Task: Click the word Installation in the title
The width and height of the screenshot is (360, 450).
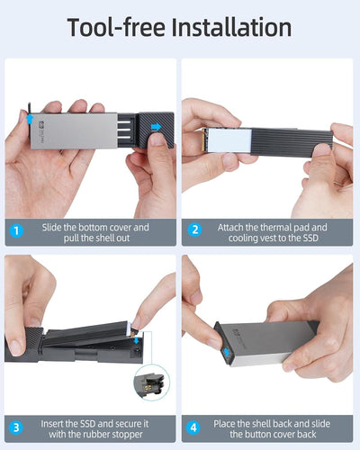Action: [x=231, y=27]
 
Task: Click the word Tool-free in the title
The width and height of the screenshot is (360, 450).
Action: [x=116, y=27]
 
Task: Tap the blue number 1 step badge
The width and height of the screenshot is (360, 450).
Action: [x=16, y=231]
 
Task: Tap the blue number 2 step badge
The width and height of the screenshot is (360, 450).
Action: [x=195, y=229]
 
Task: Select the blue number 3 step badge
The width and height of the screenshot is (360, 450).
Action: [x=16, y=427]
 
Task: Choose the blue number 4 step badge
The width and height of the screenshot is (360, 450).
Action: [x=193, y=427]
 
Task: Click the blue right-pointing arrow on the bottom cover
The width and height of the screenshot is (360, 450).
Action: [x=156, y=127]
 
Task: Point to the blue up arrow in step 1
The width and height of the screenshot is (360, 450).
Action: [x=30, y=120]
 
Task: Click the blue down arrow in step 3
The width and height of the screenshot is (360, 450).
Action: [x=137, y=339]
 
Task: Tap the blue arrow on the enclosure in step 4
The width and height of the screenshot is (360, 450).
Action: [x=227, y=352]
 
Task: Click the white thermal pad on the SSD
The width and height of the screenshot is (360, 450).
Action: [x=229, y=140]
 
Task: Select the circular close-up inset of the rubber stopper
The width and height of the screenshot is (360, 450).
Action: [x=152, y=382]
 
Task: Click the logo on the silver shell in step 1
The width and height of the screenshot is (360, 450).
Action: [x=41, y=124]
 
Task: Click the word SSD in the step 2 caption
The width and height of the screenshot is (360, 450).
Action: [x=310, y=238]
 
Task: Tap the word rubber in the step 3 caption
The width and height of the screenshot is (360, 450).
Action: [x=101, y=435]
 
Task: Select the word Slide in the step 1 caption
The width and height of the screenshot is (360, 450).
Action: [x=51, y=228]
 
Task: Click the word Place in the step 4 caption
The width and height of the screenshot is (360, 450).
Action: [x=224, y=424]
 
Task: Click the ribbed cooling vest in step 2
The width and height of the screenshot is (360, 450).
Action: [x=292, y=141]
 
